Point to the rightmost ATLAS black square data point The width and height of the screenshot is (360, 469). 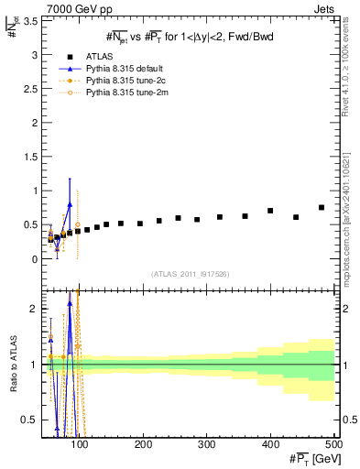pos(322,207)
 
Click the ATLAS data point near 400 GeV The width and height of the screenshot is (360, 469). pos(270,211)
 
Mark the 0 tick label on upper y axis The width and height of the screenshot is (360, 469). pos(34,259)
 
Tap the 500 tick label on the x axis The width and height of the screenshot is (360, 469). pos(333,444)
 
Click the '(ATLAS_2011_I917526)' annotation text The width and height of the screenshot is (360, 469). pos(191,274)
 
